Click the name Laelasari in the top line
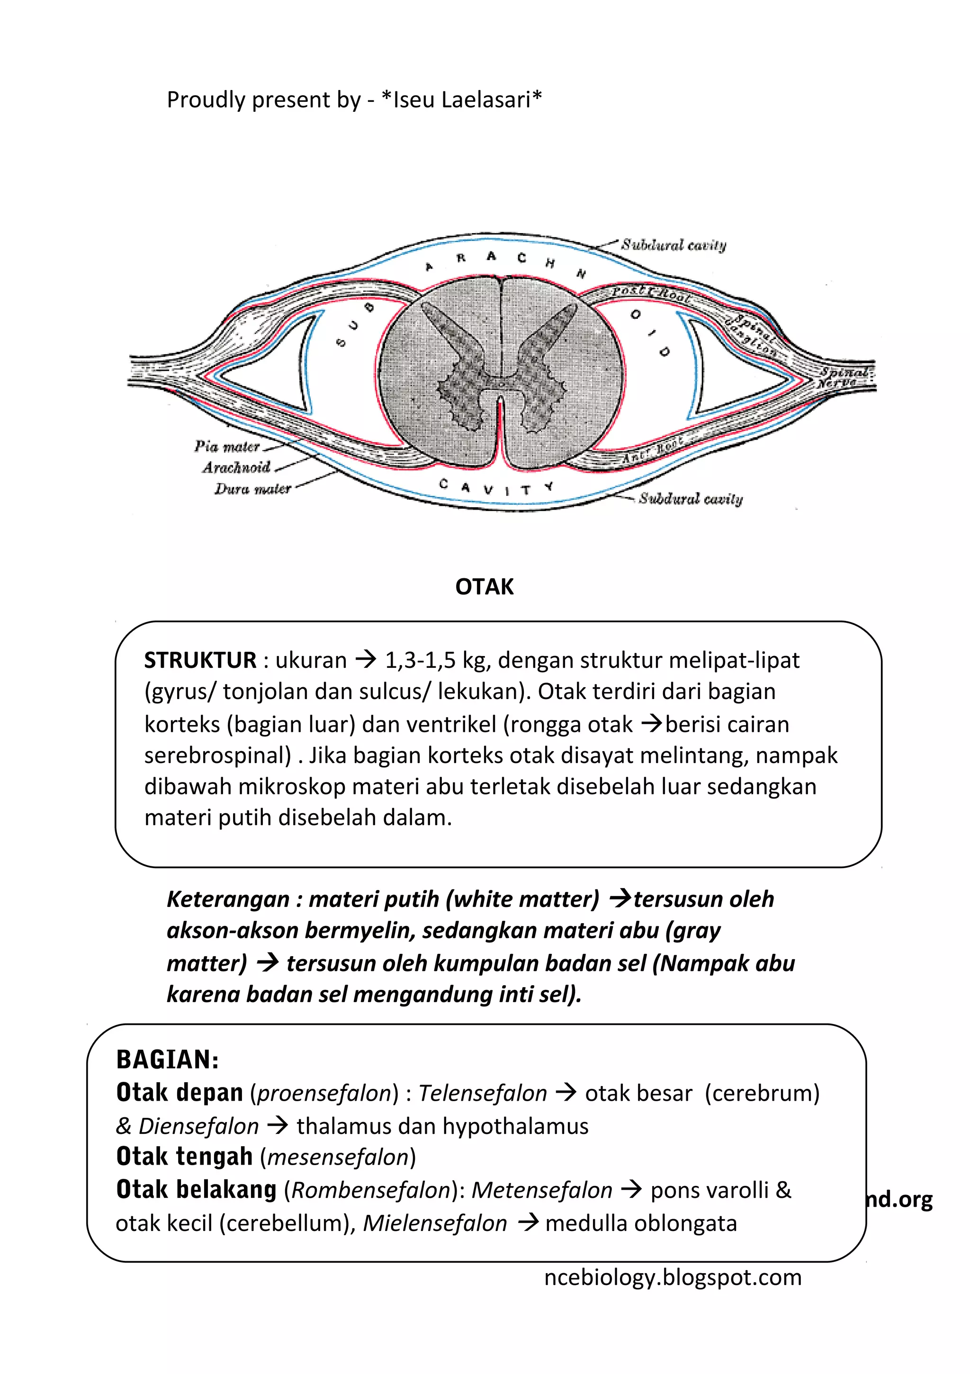pyautogui.click(x=486, y=100)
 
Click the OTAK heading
pyautogui.click(x=484, y=587)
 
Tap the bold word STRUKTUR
pyautogui.click(x=200, y=660)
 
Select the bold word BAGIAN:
pyautogui.click(x=168, y=1060)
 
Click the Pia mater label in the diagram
pyautogui.click(x=227, y=447)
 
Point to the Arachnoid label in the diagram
pyautogui.click(x=236, y=467)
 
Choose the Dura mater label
pyautogui.click(x=252, y=489)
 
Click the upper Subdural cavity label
pyautogui.click(x=673, y=245)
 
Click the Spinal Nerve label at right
pyautogui.click(x=844, y=377)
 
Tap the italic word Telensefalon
pyautogui.click(x=482, y=1093)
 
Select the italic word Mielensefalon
pyautogui.click(x=435, y=1223)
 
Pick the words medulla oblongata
pyautogui.click(x=641, y=1223)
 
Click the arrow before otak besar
pyautogui.click(x=566, y=1093)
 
